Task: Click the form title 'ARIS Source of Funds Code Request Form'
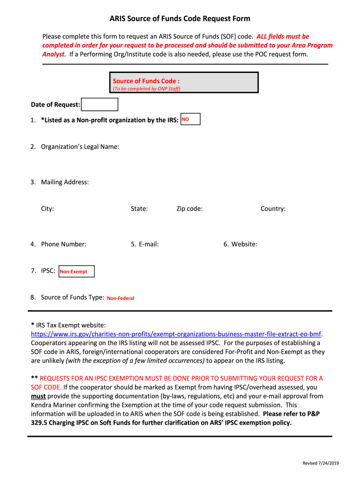point(180,19)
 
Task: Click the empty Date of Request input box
point(100,104)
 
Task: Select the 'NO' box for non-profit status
point(190,119)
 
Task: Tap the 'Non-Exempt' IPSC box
point(76,271)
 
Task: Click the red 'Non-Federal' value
point(121,298)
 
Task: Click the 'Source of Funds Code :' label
point(146,81)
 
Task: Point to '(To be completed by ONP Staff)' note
point(146,88)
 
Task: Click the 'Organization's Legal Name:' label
point(80,147)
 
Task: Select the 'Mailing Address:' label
point(65,182)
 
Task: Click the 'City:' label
point(47,209)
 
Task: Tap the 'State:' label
point(139,209)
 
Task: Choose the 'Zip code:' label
point(189,209)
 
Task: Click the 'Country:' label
point(273,209)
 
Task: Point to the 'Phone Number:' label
point(64,244)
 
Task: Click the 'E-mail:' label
point(149,244)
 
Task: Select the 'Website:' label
point(244,244)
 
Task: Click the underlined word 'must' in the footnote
point(38,396)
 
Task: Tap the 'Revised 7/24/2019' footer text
point(321,463)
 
